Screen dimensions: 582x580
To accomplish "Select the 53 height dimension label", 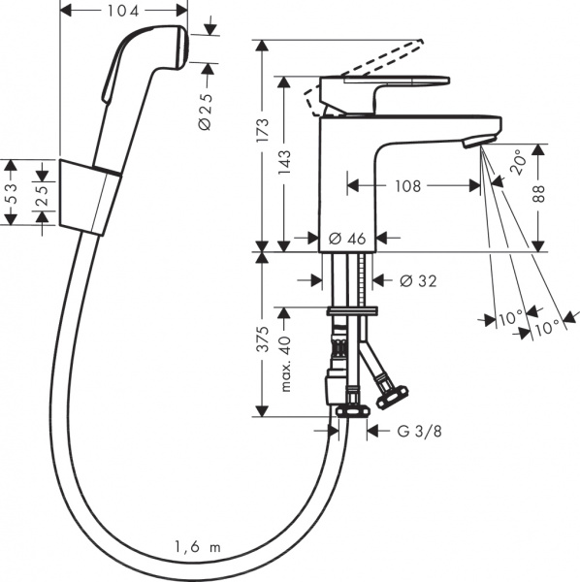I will coord(12,192).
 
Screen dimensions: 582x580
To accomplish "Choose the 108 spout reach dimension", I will coord(408,185).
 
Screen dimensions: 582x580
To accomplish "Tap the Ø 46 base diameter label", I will coord(346,238).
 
